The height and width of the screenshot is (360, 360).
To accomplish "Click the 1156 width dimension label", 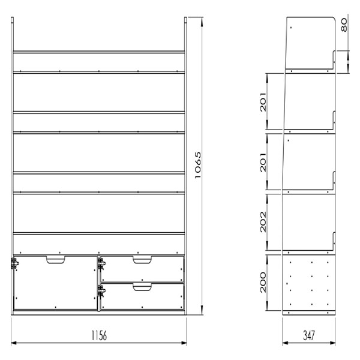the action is click(x=99, y=335).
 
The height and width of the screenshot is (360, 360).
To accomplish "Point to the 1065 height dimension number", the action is click(x=198, y=165).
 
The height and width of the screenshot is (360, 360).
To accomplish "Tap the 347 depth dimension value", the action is click(x=309, y=335).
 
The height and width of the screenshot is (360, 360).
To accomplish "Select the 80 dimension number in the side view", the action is click(x=344, y=25).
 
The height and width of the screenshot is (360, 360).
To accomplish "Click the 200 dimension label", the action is click(x=263, y=283).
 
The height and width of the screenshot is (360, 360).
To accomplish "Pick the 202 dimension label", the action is click(x=263, y=222).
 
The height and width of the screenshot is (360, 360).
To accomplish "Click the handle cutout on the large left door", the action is click(x=56, y=259).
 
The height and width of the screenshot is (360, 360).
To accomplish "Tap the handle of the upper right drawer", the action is click(x=142, y=259).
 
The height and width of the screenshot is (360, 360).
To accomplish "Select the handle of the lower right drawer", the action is click(x=142, y=287).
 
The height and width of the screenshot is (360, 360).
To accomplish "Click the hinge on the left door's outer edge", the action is click(x=14, y=263).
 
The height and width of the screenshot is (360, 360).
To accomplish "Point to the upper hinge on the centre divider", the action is click(x=101, y=263).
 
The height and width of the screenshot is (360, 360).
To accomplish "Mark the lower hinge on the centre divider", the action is click(x=101, y=290).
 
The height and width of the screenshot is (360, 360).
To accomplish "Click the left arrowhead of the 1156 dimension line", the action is click(x=14, y=343).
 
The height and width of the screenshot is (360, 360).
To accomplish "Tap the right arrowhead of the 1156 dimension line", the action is click(x=184, y=343).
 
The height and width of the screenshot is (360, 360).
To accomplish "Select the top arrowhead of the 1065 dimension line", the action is click(x=202, y=23).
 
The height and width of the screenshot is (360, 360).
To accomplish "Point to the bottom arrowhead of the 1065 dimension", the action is click(x=202, y=310).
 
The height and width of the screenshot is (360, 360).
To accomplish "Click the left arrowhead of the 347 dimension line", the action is click(x=286, y=343).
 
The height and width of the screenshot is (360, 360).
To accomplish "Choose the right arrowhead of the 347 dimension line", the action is click(x=332, y=343).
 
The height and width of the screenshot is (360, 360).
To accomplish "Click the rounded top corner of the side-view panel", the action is click(x=334, y=18).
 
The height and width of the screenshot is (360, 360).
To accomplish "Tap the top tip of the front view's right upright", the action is click(x=186, y=17).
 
